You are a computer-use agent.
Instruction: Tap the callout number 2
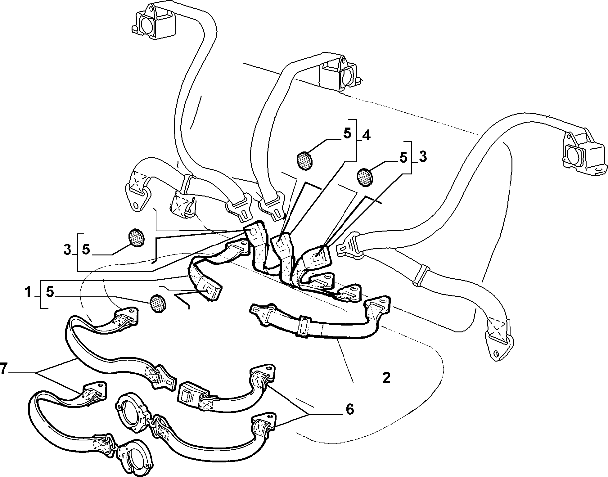tap(386, 378)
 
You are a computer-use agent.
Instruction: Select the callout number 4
tap(366, 135)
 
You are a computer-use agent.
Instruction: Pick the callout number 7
tap(3, 368)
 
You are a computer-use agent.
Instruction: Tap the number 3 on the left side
tap(67, 250)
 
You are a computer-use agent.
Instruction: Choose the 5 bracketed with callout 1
tap(50, 292)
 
